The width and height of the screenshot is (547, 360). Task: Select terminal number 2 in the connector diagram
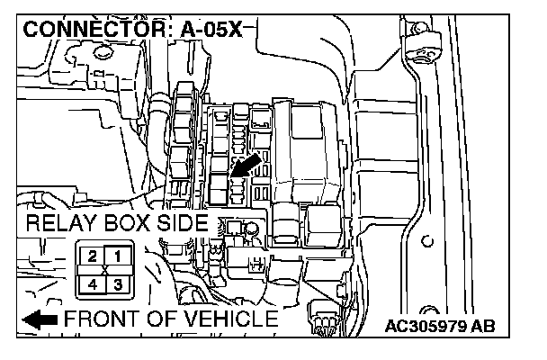pos(92,257)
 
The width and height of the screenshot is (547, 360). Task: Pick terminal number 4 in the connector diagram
pos(92,284)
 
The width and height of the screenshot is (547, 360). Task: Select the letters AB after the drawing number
pos(481,325)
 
